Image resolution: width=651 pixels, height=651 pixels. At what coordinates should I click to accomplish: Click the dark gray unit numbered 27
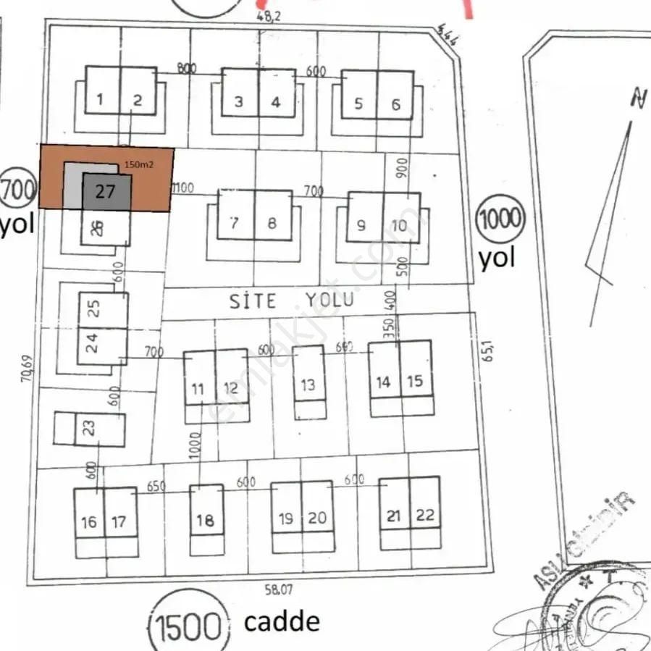(106, 192)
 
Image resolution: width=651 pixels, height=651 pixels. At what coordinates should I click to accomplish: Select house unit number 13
(308, 383)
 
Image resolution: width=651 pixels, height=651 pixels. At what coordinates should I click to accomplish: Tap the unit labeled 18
(206, 519)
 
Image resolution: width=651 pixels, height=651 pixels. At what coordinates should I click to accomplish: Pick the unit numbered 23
(90, 429)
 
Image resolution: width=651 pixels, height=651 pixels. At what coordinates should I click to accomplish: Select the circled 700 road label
(17, 190)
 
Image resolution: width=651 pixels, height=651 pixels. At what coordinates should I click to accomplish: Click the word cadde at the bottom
(281, 621)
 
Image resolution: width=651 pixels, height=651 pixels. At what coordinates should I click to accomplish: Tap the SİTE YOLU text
(292, 300)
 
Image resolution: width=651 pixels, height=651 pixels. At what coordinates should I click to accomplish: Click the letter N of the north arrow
(638, 98)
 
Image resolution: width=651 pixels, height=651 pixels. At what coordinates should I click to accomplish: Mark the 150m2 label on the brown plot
(139, 164)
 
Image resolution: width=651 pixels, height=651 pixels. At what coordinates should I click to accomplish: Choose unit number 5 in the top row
(358, 103)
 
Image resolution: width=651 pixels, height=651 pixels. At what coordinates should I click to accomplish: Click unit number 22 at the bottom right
(425, 516)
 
